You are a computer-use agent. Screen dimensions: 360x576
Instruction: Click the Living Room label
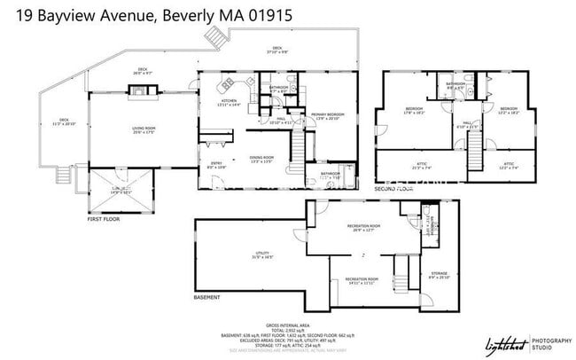click(x=144, y=130)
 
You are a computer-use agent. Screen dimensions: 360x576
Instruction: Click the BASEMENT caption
click(x=207, y=298)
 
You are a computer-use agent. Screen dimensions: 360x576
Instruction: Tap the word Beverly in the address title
click(x=190, y=15)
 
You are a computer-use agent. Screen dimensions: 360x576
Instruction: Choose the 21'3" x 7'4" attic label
click(x=422, y=165)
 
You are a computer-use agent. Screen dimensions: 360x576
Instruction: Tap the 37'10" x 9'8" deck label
click(x=276, y=51)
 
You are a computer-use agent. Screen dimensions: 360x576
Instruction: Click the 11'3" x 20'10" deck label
click(x=64, y=121)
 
